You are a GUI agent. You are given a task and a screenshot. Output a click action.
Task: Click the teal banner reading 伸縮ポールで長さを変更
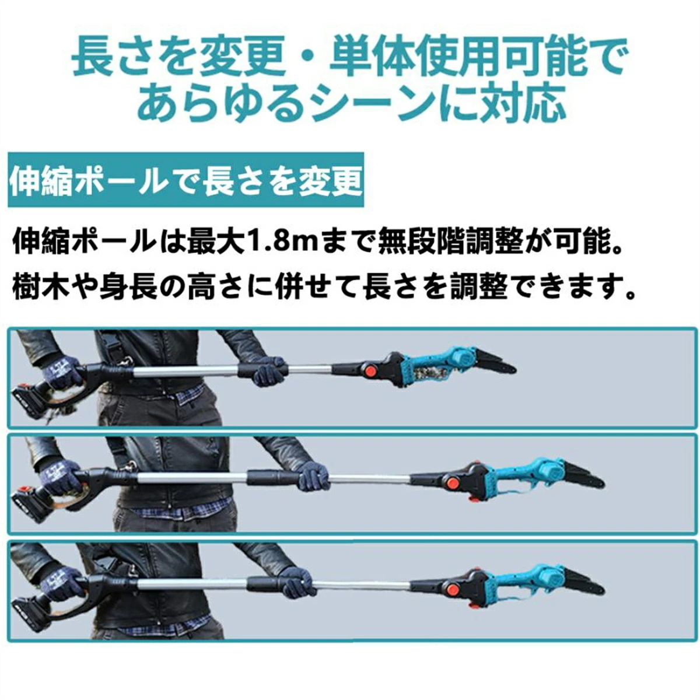coord(185,180)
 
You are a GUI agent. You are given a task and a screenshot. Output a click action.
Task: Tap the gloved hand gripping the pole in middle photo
coord(314,477)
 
